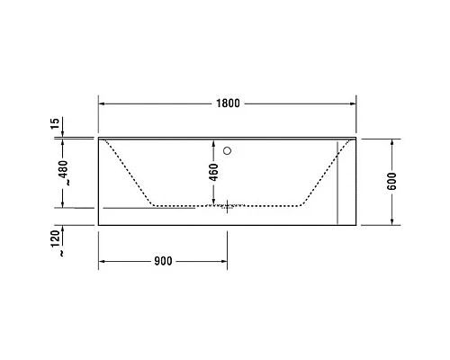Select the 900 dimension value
[162, 262]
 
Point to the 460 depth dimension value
[213, 172]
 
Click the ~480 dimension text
[62, 172]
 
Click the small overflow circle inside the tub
[229, 151]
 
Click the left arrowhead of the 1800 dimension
[102, 103]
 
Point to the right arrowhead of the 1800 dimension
[352, 103]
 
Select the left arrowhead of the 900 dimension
[102, 262]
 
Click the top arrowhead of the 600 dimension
[393, 142]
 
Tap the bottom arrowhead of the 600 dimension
[393, 220]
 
